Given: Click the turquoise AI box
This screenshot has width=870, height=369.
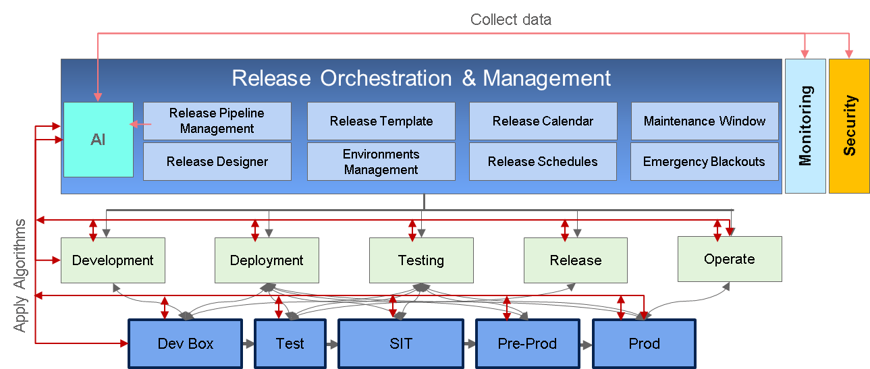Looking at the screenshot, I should pyautogui.click(x=99, y=140).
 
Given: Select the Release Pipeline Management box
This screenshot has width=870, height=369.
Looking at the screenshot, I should pyautogui.click(x=217, y=121).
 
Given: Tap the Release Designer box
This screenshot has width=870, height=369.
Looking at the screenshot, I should pyautogui.click(x=217, y=161).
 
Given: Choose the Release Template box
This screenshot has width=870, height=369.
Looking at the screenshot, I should pyautogui.click(x=381, y=121).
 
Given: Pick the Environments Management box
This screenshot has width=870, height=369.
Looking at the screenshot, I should pyautogui.click(x=381, y=161).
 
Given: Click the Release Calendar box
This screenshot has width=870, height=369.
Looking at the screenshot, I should pyautogui.click(x=543, y=121).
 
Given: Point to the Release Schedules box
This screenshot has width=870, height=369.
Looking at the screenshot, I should pyautogui.click(x=543, y=161).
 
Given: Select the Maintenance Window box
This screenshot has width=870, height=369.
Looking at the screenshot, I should pyautogui.click(x=705, y=121).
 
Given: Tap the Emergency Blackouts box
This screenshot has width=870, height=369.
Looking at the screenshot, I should pyautogui.click(x=705, y=161).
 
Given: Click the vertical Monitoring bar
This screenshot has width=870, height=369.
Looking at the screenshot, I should pyautogui.click(x=805, y=126).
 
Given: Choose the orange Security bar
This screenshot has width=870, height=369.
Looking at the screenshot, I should pyautogui.click(x=849, y=126).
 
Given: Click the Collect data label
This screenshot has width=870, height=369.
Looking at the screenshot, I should pyautogui.click(x=511, y=20).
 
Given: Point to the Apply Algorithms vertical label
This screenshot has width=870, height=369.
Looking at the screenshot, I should pyautogui.click(x=21, y=275).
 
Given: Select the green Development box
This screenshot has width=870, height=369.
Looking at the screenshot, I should pyautogui.click(x=113, y=260).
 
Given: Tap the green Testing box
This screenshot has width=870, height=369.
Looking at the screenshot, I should pyautogui.click(x=421, y=260).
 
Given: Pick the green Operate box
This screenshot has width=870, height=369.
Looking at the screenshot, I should pyautogui.click(x=730, y=258).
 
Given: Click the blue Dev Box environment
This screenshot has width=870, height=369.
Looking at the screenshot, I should pyautogui.click(x=186, y=343).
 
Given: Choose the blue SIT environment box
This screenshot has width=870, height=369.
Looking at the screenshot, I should pyautogui.click(x=401, y=343).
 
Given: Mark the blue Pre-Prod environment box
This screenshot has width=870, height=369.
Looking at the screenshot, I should pyautogui.click(x=527, y=343).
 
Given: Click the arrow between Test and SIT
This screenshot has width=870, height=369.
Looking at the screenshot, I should pyautogui.click(x=331, y=343).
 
